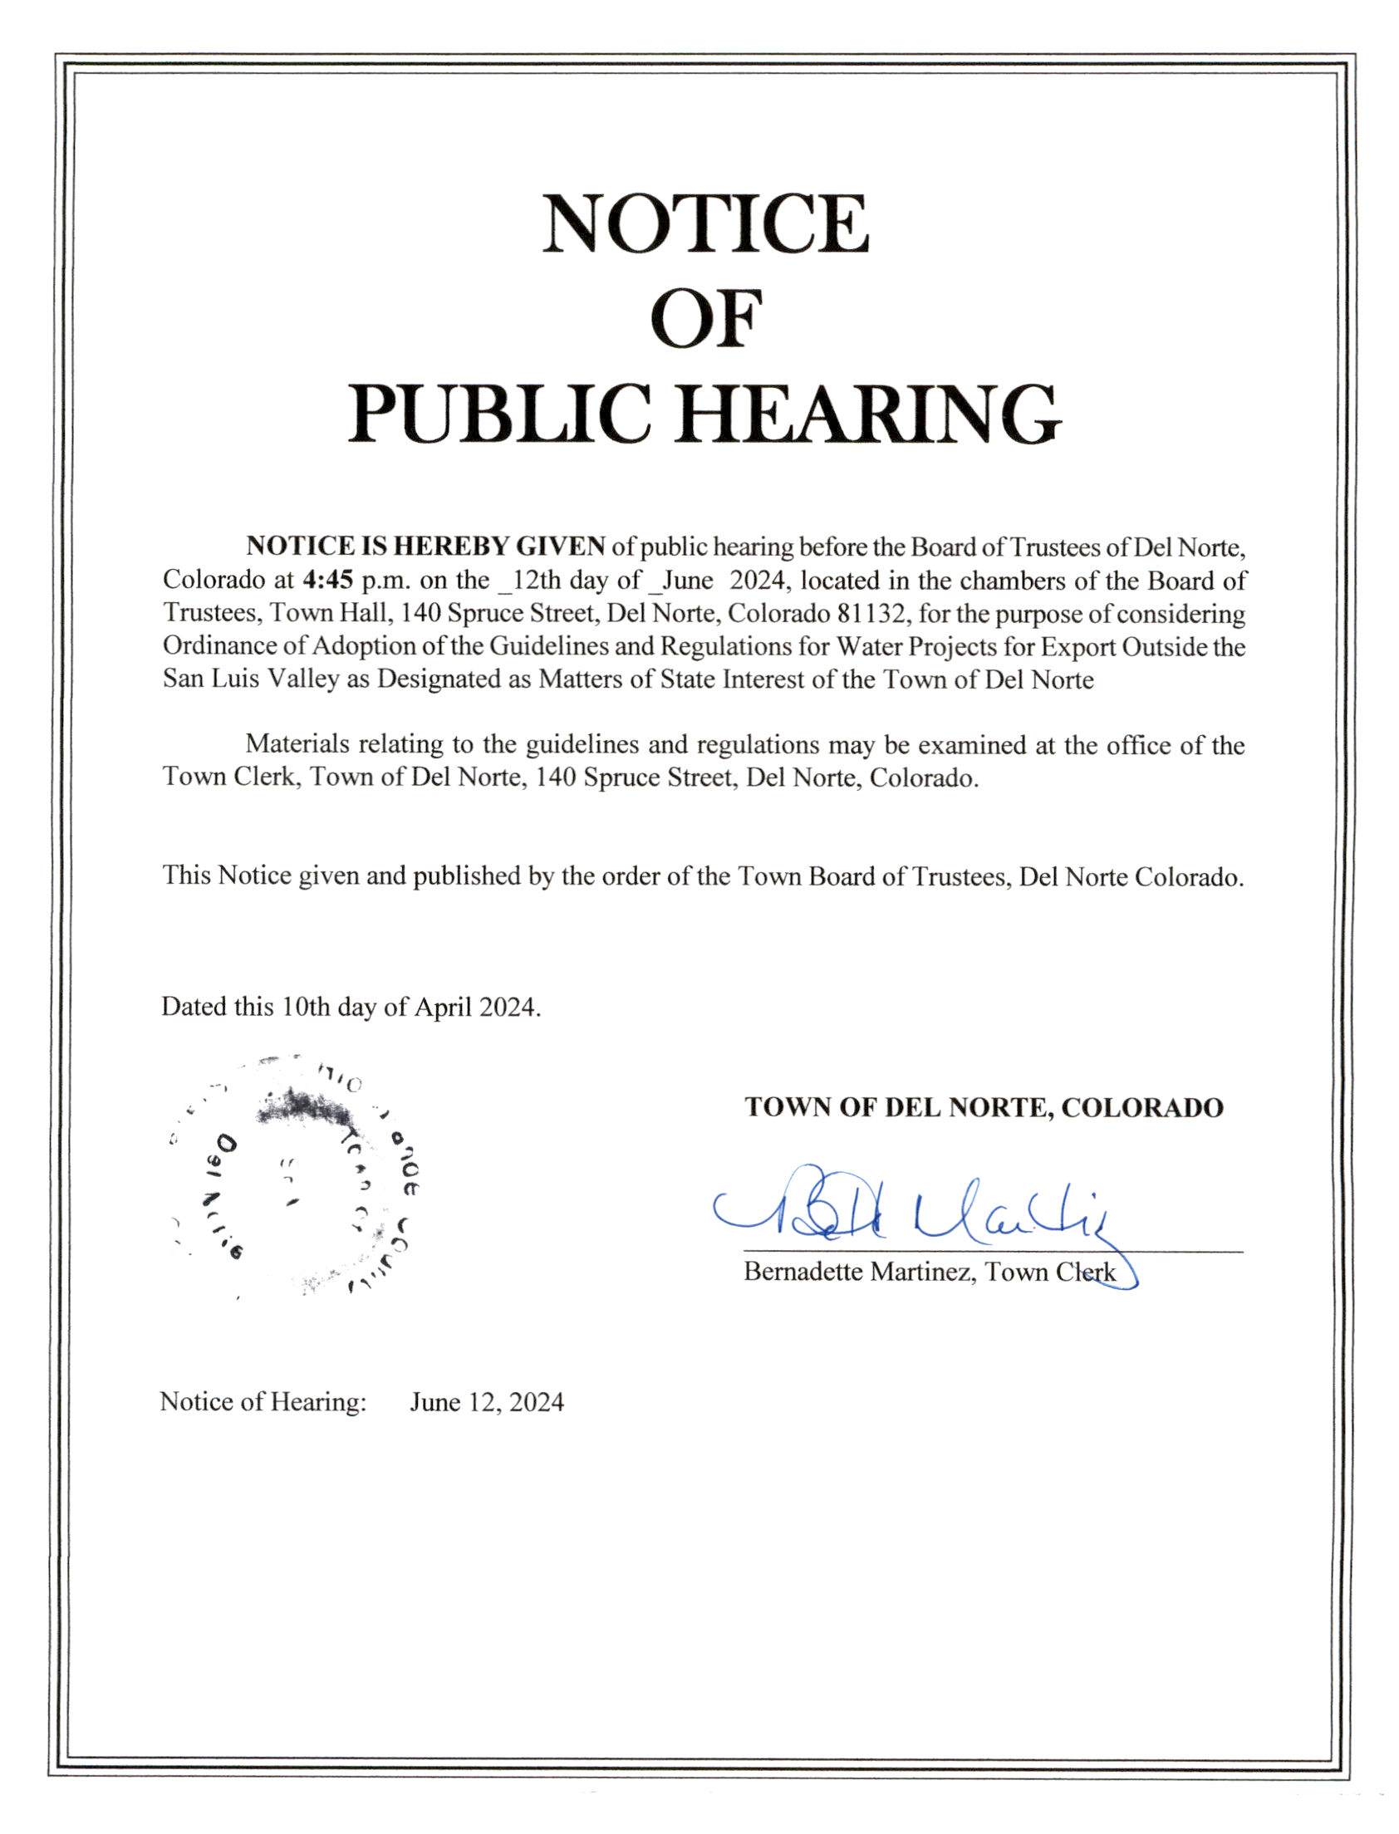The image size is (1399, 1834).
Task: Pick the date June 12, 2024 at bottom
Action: click(x=486, y=1403)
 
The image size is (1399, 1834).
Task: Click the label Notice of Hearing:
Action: click(x=263, y=1403)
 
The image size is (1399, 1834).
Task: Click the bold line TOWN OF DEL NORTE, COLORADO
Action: click(x=984, y=1107)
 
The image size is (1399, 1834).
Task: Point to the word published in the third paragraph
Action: click(x=469, y=875)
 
